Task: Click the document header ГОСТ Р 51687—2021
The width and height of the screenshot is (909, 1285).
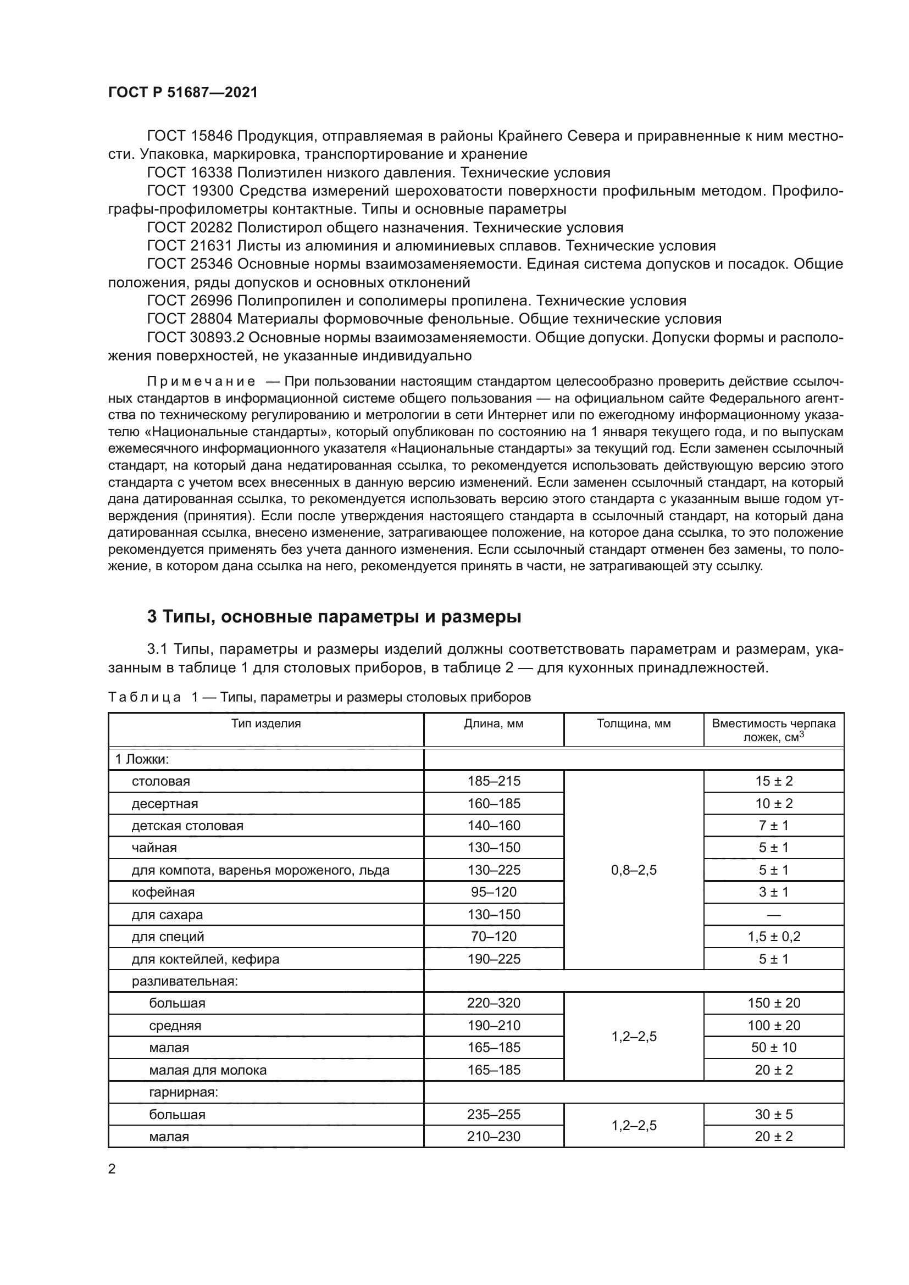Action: pos(183,93)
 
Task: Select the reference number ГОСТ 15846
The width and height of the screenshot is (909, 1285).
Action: pos(190,136)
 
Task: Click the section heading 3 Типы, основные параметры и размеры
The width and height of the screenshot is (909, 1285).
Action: pos(334,617)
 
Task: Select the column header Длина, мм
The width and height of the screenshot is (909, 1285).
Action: pos(493,724)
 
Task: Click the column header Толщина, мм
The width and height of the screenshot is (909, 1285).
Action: pos(634,724)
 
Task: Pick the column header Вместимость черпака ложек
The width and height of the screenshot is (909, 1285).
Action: pos(774,730)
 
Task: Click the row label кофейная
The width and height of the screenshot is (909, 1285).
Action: pos(163,892)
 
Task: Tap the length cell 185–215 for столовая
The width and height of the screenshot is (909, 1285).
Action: pos(494,781)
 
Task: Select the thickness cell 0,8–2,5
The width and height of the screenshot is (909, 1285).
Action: pos(634,870)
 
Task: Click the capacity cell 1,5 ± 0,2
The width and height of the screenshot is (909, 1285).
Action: pos(774,936)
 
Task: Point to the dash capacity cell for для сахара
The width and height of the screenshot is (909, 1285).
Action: pos(774,915)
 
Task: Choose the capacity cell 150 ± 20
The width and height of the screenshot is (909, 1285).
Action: pos(774,1003)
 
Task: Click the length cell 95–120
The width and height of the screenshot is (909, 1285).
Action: pos(494,892)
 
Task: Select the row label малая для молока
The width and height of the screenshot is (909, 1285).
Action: pos(207,1070)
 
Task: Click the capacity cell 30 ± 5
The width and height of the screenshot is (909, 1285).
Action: pos(774,1114)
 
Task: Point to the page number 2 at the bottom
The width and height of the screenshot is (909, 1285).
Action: pos(112,1169)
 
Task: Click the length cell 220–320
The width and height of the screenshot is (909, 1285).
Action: pos(494,1003)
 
